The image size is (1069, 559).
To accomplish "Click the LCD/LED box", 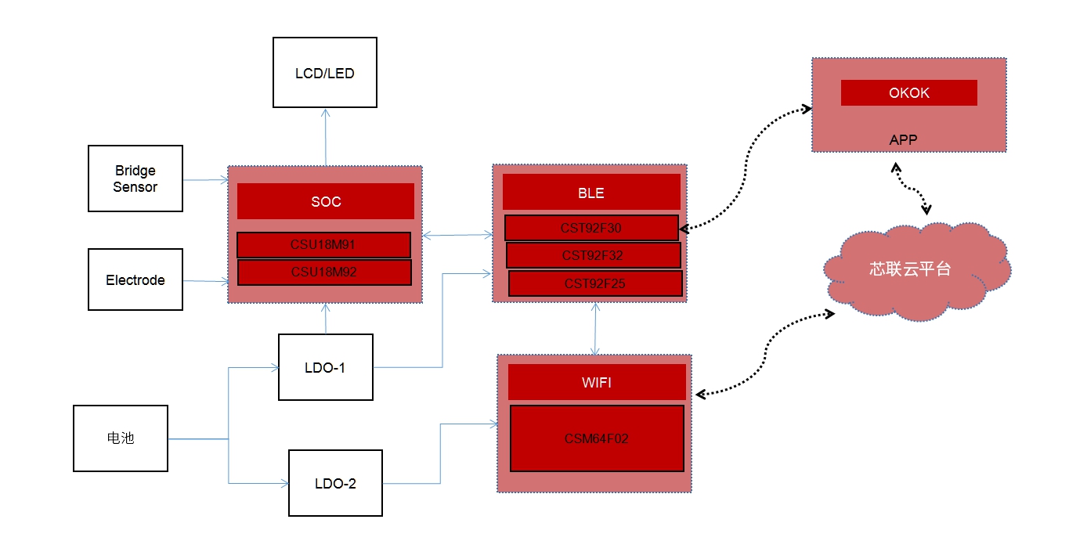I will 324,74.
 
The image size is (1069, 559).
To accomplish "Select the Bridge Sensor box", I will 135,179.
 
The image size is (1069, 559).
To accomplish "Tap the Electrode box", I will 135,279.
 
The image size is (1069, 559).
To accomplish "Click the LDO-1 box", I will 326,367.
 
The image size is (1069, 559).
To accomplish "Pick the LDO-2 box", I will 335,483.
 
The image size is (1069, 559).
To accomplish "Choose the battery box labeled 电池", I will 121,438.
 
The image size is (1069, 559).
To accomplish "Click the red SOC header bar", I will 326,201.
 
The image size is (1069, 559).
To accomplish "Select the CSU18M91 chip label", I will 323,245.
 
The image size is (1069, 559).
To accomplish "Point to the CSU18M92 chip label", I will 324,272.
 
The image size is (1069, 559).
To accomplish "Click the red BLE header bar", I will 591,193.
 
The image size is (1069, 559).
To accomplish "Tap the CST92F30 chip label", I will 591,228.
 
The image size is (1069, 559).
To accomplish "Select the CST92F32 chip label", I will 593,255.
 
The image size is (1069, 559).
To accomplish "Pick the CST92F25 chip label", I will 595,283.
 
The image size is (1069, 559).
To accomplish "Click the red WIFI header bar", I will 597,383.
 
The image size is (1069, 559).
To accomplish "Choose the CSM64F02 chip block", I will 597,438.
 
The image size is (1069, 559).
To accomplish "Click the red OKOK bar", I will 908,92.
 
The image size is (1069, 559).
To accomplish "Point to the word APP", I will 903,140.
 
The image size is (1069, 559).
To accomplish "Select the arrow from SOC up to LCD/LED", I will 325,137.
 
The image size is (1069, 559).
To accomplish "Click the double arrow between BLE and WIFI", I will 596,329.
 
